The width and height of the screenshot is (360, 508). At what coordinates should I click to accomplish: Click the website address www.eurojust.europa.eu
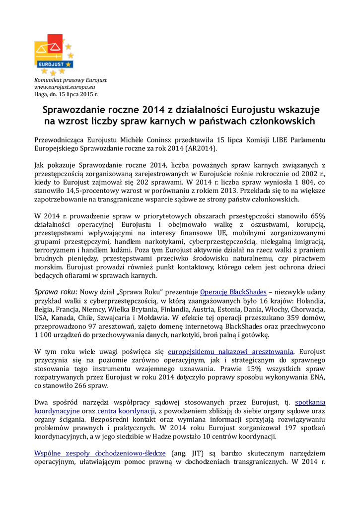(x=61, y=87)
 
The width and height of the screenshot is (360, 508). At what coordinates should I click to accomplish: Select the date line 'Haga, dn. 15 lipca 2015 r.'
(x=66, y=94)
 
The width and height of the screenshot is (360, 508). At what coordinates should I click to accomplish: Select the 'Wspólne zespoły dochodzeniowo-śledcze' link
(x=100, y=453)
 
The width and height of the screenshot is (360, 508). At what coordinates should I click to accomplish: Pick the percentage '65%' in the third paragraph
(x=315, y=216)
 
